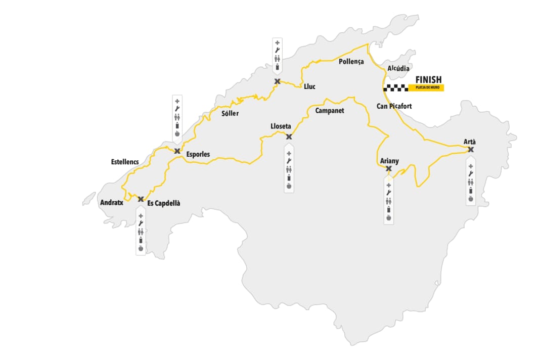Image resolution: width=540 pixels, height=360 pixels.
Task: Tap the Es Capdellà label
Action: click(164, 203)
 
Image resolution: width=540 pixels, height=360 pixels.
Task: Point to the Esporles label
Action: click(198, 154)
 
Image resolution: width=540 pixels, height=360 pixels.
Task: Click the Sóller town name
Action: click(230, 113)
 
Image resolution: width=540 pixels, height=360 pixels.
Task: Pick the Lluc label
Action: click(309, 86)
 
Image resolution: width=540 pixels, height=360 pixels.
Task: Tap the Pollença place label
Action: click(351, 61)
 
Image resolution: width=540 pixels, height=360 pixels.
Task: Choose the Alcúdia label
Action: click(399, 68)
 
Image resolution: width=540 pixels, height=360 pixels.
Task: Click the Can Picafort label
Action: click(394, 106)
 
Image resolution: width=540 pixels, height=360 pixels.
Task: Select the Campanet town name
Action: click(329, 110)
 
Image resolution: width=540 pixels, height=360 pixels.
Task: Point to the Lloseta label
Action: click(281, 126)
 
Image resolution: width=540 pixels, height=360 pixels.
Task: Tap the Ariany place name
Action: click(389, 161)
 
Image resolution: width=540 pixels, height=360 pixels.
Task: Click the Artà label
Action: click(470, 141)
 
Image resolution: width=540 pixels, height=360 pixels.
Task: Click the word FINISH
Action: click(428, 79)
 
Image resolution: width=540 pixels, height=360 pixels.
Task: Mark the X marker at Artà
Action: click(471, 150)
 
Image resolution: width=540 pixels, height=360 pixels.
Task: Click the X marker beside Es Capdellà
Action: click(141, 199)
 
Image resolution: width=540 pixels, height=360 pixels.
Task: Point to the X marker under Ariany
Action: click(388, 169)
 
